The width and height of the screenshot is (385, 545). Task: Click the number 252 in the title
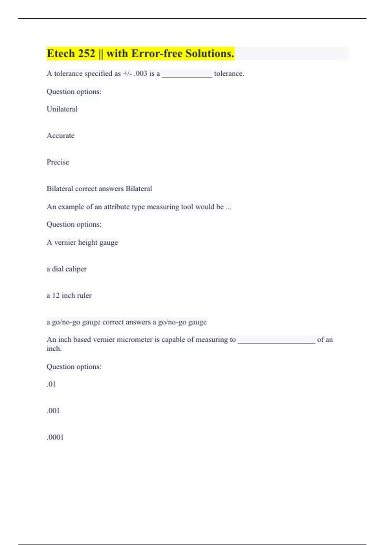click(86, 54)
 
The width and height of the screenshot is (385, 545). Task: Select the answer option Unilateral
click(62, 109)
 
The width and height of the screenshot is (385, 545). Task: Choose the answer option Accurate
click(60, 136)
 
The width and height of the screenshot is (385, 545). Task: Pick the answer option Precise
click(58, 162)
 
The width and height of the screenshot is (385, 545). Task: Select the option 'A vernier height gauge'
click(82, 242)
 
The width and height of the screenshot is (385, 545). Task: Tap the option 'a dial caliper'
click(66, 269)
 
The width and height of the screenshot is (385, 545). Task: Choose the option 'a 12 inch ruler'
click(69, 296)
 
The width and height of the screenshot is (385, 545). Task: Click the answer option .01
click(51, 384)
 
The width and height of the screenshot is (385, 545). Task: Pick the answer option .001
click(53, 411)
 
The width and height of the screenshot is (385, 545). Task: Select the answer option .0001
click(55, 437)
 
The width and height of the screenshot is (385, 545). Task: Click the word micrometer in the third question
click(134, 340)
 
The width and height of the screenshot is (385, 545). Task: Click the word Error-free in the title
click(157, 54)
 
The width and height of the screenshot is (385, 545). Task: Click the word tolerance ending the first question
click(229, 73)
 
